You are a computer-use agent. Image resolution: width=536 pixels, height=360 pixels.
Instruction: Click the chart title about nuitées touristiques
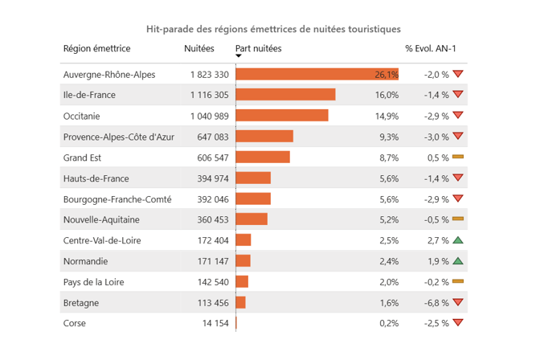(273, 29)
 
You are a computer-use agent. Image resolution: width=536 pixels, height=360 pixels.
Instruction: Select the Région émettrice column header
(97, 49)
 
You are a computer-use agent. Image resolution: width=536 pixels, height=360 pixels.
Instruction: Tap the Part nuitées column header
(259, 49)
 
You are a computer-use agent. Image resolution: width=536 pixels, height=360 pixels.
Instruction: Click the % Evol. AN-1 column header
(431, 49)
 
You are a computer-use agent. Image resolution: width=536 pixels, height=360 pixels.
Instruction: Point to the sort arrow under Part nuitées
(239, 56)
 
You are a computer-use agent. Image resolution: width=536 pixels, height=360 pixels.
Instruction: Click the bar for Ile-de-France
(285, 95)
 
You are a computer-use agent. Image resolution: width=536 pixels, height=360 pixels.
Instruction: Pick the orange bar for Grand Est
(263, 157)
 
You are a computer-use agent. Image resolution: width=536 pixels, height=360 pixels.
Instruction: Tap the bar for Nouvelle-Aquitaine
(252, 219)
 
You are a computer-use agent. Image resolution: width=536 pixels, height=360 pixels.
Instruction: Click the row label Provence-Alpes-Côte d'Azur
(118, 137)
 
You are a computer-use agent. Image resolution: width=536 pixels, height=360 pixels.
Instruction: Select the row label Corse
(74, 323)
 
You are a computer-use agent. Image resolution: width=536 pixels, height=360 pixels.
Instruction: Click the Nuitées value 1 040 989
(210, 116)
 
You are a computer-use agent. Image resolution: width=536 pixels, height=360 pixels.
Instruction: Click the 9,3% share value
(389, 137)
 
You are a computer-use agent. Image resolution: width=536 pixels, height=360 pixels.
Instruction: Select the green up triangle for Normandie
(458, 260)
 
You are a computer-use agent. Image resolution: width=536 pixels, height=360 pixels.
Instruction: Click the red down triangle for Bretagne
(458, 302)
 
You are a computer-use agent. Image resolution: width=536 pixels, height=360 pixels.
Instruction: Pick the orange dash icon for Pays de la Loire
(458, 281)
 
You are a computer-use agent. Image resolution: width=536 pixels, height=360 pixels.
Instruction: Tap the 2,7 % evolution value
(438, 240)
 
